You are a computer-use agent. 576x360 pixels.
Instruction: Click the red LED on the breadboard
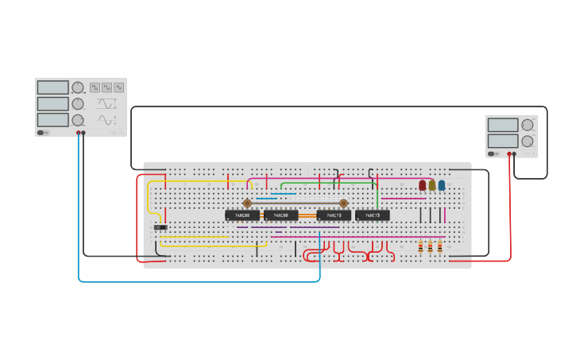pyautogui.click(x=423, y=185)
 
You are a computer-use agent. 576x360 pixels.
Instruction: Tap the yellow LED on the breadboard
pyautogui.click(x=432, y=185)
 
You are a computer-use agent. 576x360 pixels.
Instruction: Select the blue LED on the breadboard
pyautogui.click(x=442, y=185)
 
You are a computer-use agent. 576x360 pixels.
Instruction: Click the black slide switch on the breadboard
pyautogui.click(x=160, y=228)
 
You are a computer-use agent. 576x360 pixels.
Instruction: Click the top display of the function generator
pyautogui.click(x=52, y=87)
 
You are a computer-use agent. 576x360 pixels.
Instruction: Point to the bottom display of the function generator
pyautogui.click(x=52, y=120)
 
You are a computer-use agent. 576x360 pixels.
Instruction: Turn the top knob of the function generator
pyautogui.click(x=78, y=87)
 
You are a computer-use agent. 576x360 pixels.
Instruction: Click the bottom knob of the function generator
pyautogui.click(x=78, y=120)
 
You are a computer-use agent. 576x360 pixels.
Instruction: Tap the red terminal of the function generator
pyautogui.click(x=79, y=133)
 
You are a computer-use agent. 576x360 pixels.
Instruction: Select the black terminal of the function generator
pyautogui.click(x=83, y=133)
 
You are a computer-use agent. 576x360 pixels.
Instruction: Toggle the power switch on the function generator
pyautogui.click(x=43, y=133)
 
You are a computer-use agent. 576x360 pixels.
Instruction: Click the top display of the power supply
pyautogui.click(x=502, y=125)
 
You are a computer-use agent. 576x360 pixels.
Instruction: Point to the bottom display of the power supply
pyautogui.click(x=502, y=141)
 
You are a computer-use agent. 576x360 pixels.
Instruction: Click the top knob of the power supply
pyautogui.click(x=528, y=125)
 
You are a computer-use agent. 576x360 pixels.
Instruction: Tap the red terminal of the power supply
pyautogui.click(x=509, y=154)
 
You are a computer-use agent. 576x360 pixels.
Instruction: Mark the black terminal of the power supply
pyautogui.click(x=515, y=154)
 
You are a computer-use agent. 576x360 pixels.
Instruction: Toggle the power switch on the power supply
pyautogui.click(x=493, y=154)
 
